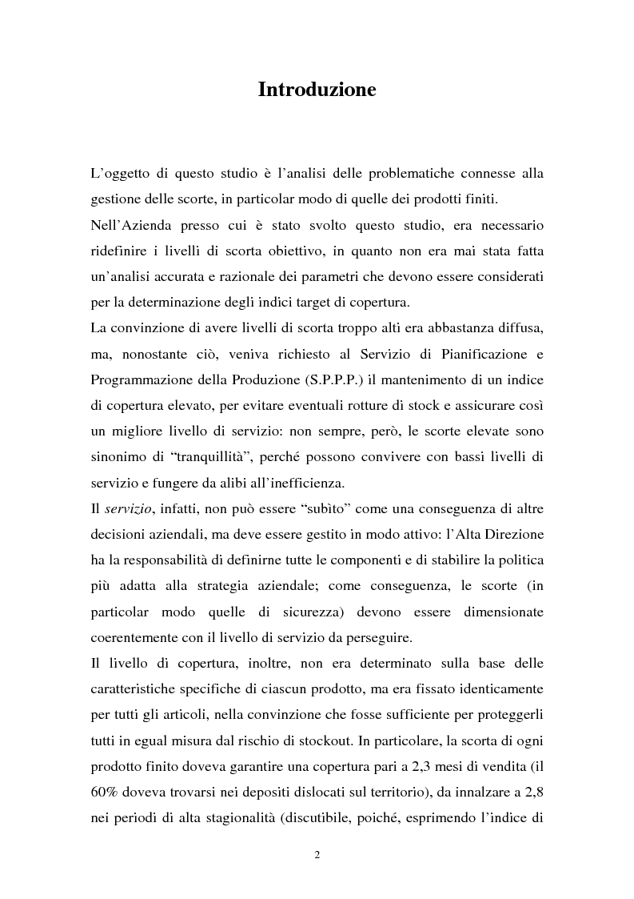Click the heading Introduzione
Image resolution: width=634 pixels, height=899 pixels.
tap(317, 90)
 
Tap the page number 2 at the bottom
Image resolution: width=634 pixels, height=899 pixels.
tap(317, 855)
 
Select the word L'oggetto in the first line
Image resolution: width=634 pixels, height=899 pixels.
tap(121, 173)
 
